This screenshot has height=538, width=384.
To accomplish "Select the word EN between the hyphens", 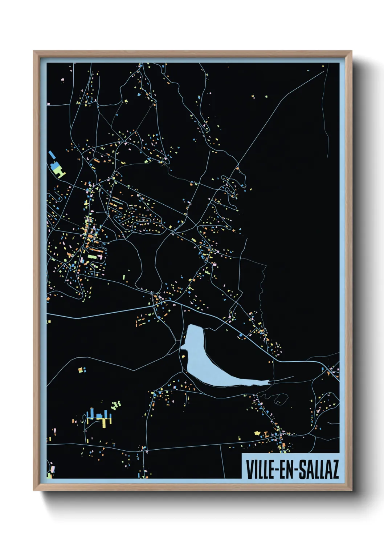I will click(289, 469).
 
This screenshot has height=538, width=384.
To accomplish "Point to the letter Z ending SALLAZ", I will click(335, 469).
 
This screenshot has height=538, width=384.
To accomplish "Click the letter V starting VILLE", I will click(250, 469).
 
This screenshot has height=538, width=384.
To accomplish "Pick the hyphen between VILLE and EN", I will click(278, 470).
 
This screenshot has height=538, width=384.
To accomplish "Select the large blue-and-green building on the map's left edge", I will click(57, 169).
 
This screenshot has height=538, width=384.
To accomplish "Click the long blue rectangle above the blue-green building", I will click(52, 155).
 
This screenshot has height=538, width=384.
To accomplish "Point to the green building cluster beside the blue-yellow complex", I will click(116, 405).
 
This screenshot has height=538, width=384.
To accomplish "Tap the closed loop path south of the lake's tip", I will click(281, 399).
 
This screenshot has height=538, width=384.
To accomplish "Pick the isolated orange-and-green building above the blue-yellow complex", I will click(81, 370).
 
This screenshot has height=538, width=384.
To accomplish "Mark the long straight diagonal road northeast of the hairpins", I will click(279, 109).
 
